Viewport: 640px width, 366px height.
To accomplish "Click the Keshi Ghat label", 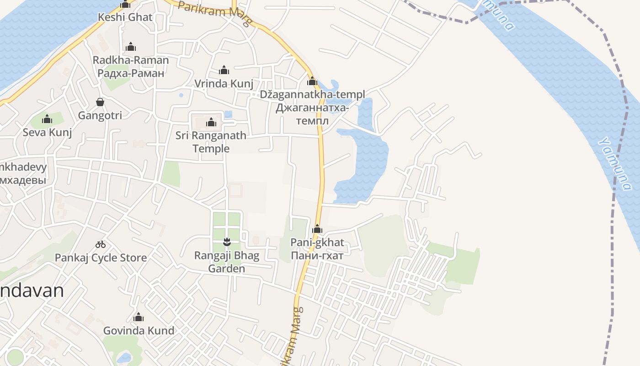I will [125, 17].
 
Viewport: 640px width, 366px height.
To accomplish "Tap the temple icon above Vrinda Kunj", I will [224, 70].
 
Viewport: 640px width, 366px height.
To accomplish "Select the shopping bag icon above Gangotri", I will [100, 102].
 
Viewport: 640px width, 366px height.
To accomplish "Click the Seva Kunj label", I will [48, 132].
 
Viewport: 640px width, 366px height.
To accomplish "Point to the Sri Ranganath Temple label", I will [211, 142].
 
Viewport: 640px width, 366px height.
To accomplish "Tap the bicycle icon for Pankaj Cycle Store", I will [101, 244].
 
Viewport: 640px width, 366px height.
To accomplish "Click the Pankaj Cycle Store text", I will [101, 258].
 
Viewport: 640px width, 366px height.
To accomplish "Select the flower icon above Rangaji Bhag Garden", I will [226, 241].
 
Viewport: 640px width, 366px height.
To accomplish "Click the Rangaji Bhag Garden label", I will [227, 262].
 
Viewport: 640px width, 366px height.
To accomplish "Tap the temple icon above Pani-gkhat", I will [317, 229].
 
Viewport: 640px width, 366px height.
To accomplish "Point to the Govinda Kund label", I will [139, 330].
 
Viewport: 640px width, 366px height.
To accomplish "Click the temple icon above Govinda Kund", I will [139, 318].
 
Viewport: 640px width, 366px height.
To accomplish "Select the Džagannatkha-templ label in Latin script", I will [312, 95].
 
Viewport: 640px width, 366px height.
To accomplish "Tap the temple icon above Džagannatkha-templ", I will [312, 82].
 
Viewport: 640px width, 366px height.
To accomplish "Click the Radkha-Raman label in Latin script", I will [131, 60].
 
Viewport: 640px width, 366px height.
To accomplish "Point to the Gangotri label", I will [100, 115].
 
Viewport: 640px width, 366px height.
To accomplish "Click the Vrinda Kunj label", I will [224, 84].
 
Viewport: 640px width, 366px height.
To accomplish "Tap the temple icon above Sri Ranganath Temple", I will [211, 123].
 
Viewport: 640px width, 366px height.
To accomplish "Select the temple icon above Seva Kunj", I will [47, 119].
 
